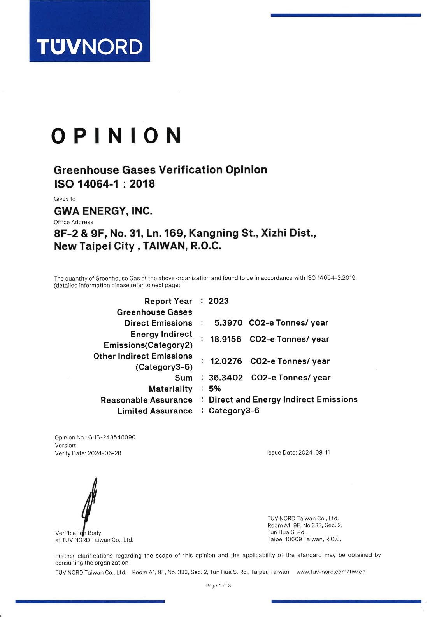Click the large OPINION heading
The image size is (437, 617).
116,136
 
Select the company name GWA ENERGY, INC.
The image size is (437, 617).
103,211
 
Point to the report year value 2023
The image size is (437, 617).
218,301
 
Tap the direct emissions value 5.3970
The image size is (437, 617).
228,323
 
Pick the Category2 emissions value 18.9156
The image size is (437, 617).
226,339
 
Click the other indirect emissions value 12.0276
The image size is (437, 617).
226,361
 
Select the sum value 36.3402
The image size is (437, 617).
226,378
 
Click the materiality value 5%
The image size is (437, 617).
215,389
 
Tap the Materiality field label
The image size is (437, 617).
170,389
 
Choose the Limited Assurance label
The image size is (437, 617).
155,411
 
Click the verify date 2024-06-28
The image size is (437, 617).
104,453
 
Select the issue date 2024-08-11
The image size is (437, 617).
314,453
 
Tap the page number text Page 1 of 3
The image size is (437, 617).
218,586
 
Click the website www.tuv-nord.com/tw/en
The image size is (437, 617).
331,572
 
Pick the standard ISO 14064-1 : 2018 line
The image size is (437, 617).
104,184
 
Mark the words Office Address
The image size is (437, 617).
74,222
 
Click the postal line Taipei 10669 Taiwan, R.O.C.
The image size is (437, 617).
304,539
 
